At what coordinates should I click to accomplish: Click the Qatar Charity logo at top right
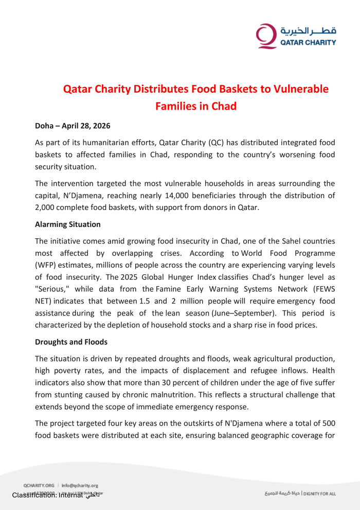click(x=296, y=36)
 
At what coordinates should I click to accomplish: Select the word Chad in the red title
click(x=224, y=107)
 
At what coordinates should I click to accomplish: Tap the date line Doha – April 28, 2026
click(x=73, y=126)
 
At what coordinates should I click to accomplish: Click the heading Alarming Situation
click(x=68, y=224)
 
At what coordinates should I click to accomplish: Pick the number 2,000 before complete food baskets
click(x=47, y=208)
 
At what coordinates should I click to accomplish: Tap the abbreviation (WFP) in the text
click(x=47, y=266)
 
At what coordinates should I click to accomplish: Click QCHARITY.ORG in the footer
click(x=39, y=485)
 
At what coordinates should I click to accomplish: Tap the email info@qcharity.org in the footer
click(x=80, y=485)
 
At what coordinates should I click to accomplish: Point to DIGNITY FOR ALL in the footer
click(x=319, y=494)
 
